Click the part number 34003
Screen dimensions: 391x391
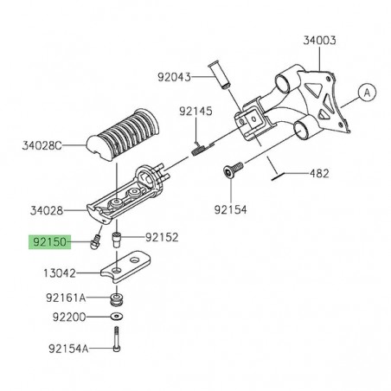pyautogui.click(x=320, y=40)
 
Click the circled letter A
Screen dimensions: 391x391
pyautogui.click(x=366, y=90)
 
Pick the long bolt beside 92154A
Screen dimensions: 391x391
pyautogui.click(x=116, y=348)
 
